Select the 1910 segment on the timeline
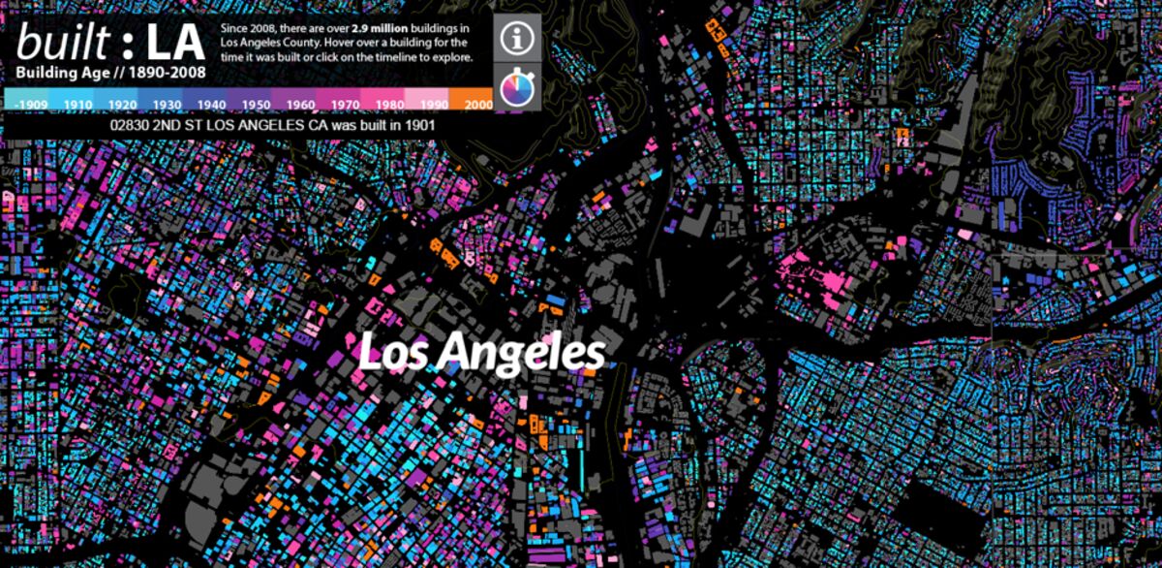pyautogui.click(x=78, y=104)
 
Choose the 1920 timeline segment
pyautogui.click(x=122, y=104)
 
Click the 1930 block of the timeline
pyautogui.click(x=167, y=104)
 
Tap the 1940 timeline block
pyautogui.click(x=211, y=104)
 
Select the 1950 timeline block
pyautogui.click(x=256, y=104)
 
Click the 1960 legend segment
pyautogui.click(x=300, y=104)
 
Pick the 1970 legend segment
pyautogui.click(x=345, y=104)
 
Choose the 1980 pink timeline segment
pyautogui.click(x=389, y=104)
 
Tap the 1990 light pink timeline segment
pyautogui.click(x=434, y=104)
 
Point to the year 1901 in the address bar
pyautogui.click(x=418, y=126)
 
